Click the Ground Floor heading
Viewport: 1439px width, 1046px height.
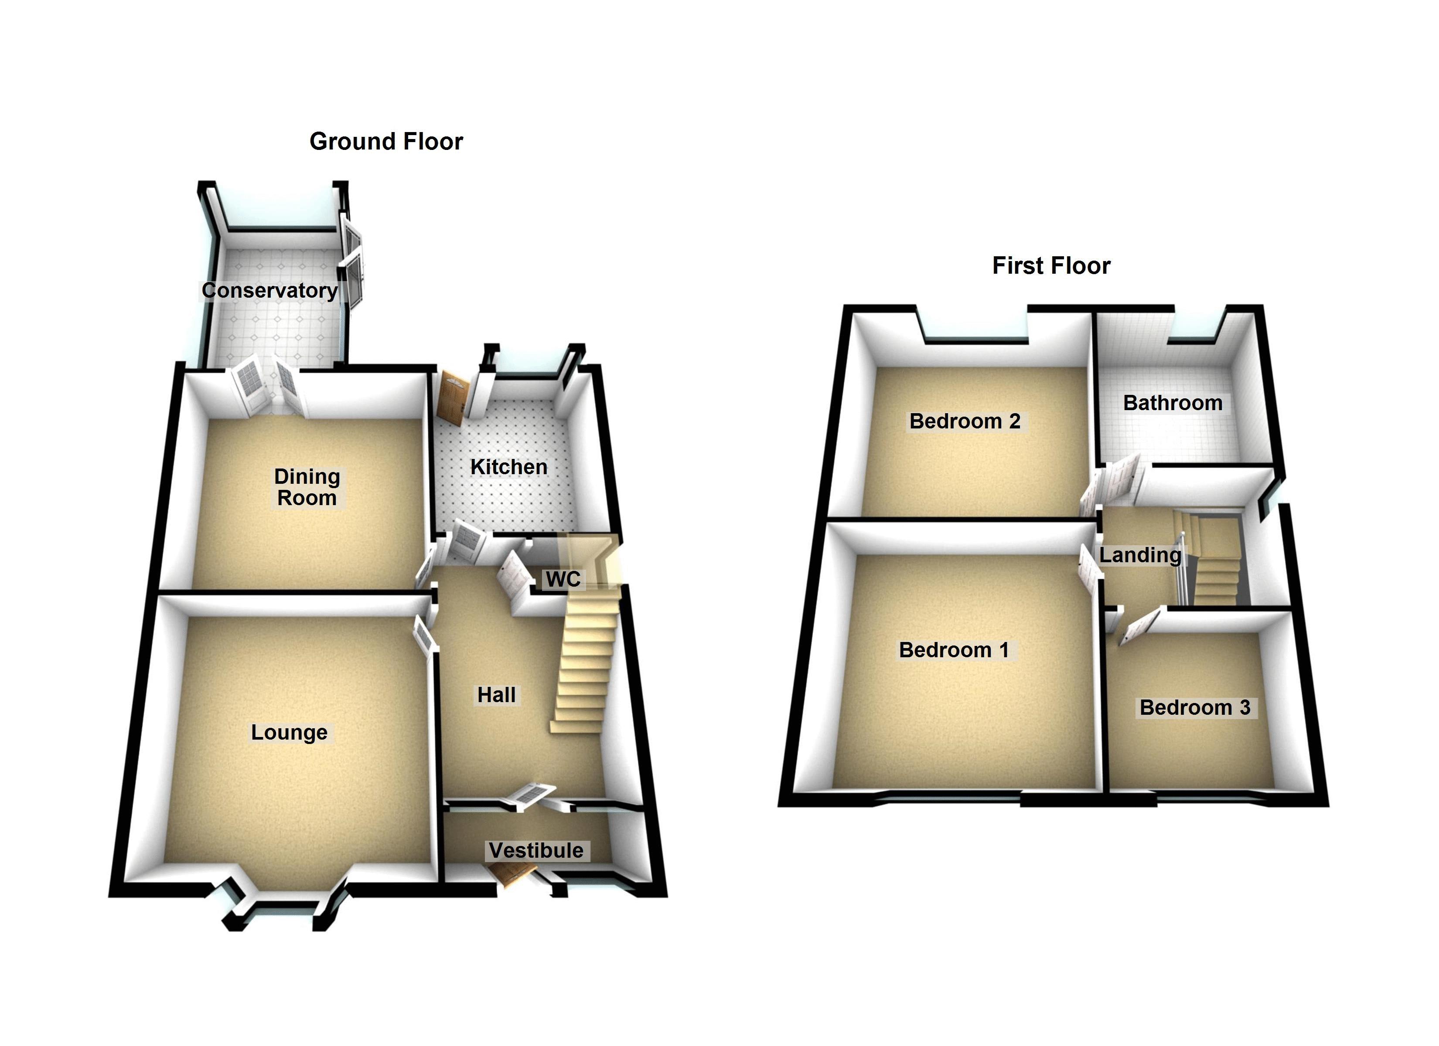click(386, 142)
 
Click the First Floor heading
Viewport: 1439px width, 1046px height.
click(1051, 266)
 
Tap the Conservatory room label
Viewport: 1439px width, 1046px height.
click(269, 291)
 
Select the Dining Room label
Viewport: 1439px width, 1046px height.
click(307, 487)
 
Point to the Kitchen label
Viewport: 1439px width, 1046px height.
click(509, 467)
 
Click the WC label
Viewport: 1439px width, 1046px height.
click(563, 579)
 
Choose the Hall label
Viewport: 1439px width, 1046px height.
click(497, 695)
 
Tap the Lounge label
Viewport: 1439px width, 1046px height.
click(289, 733)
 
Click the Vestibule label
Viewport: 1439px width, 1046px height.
click(536, 851)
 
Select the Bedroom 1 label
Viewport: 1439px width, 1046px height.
click(954, 650)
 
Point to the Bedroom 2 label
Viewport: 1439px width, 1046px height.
click(965, 421)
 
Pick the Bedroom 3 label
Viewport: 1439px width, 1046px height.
click(1195, 707)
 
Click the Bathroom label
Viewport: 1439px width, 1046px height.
click(1173, 403)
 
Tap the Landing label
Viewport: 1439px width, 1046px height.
click(1140, 555)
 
